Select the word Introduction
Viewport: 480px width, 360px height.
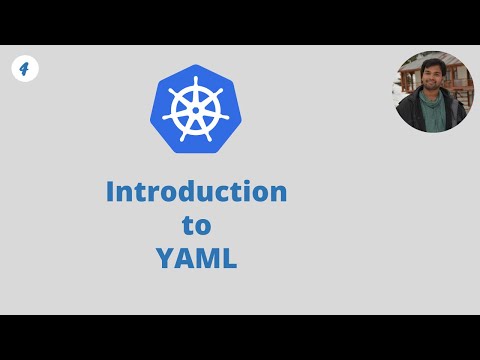coord(196,191)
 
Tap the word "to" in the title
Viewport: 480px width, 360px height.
coord(196,225)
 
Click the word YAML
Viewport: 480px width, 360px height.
coord(196,258)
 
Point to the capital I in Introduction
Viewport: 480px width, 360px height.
coord(110,191)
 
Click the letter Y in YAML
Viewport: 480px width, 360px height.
coord(164,258)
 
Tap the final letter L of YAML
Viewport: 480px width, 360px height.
coord(229,258)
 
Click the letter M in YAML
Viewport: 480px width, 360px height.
coord(206,258)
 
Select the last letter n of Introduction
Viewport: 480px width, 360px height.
coord(278,193)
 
